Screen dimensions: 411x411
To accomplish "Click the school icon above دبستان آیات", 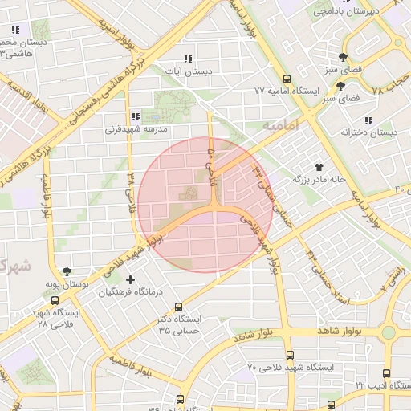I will click(189, 59).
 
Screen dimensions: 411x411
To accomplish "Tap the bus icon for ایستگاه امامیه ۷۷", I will click(287, 79).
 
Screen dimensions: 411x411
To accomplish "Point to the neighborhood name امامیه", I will click(279, 127).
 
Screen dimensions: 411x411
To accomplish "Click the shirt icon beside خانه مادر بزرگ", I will click(319, 166).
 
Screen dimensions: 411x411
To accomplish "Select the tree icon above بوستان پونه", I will click(66, 272).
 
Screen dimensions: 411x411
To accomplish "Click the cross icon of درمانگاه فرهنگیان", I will click(131, 279).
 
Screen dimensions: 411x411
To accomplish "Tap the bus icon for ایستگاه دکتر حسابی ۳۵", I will click(178, 306).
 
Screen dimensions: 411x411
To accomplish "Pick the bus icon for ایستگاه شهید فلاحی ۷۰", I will click(289, 355).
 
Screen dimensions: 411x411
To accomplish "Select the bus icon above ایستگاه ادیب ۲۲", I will click(387, 373).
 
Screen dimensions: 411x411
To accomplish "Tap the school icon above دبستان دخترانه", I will click(391, 120).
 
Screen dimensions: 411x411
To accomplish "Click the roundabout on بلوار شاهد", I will click(389, 332).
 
